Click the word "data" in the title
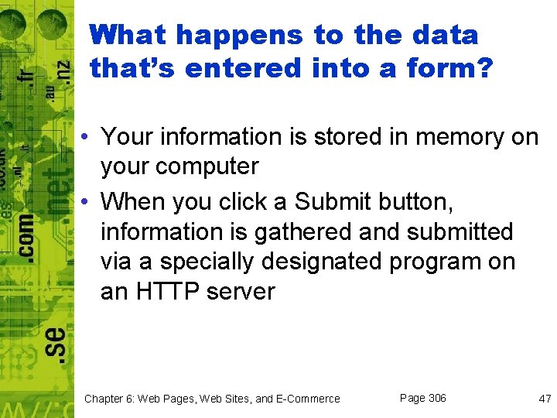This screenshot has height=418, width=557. point(446,35)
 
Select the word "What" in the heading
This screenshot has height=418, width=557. point(127,35)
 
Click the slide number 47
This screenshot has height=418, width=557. point(545,399)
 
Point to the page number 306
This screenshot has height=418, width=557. point(436,398)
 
